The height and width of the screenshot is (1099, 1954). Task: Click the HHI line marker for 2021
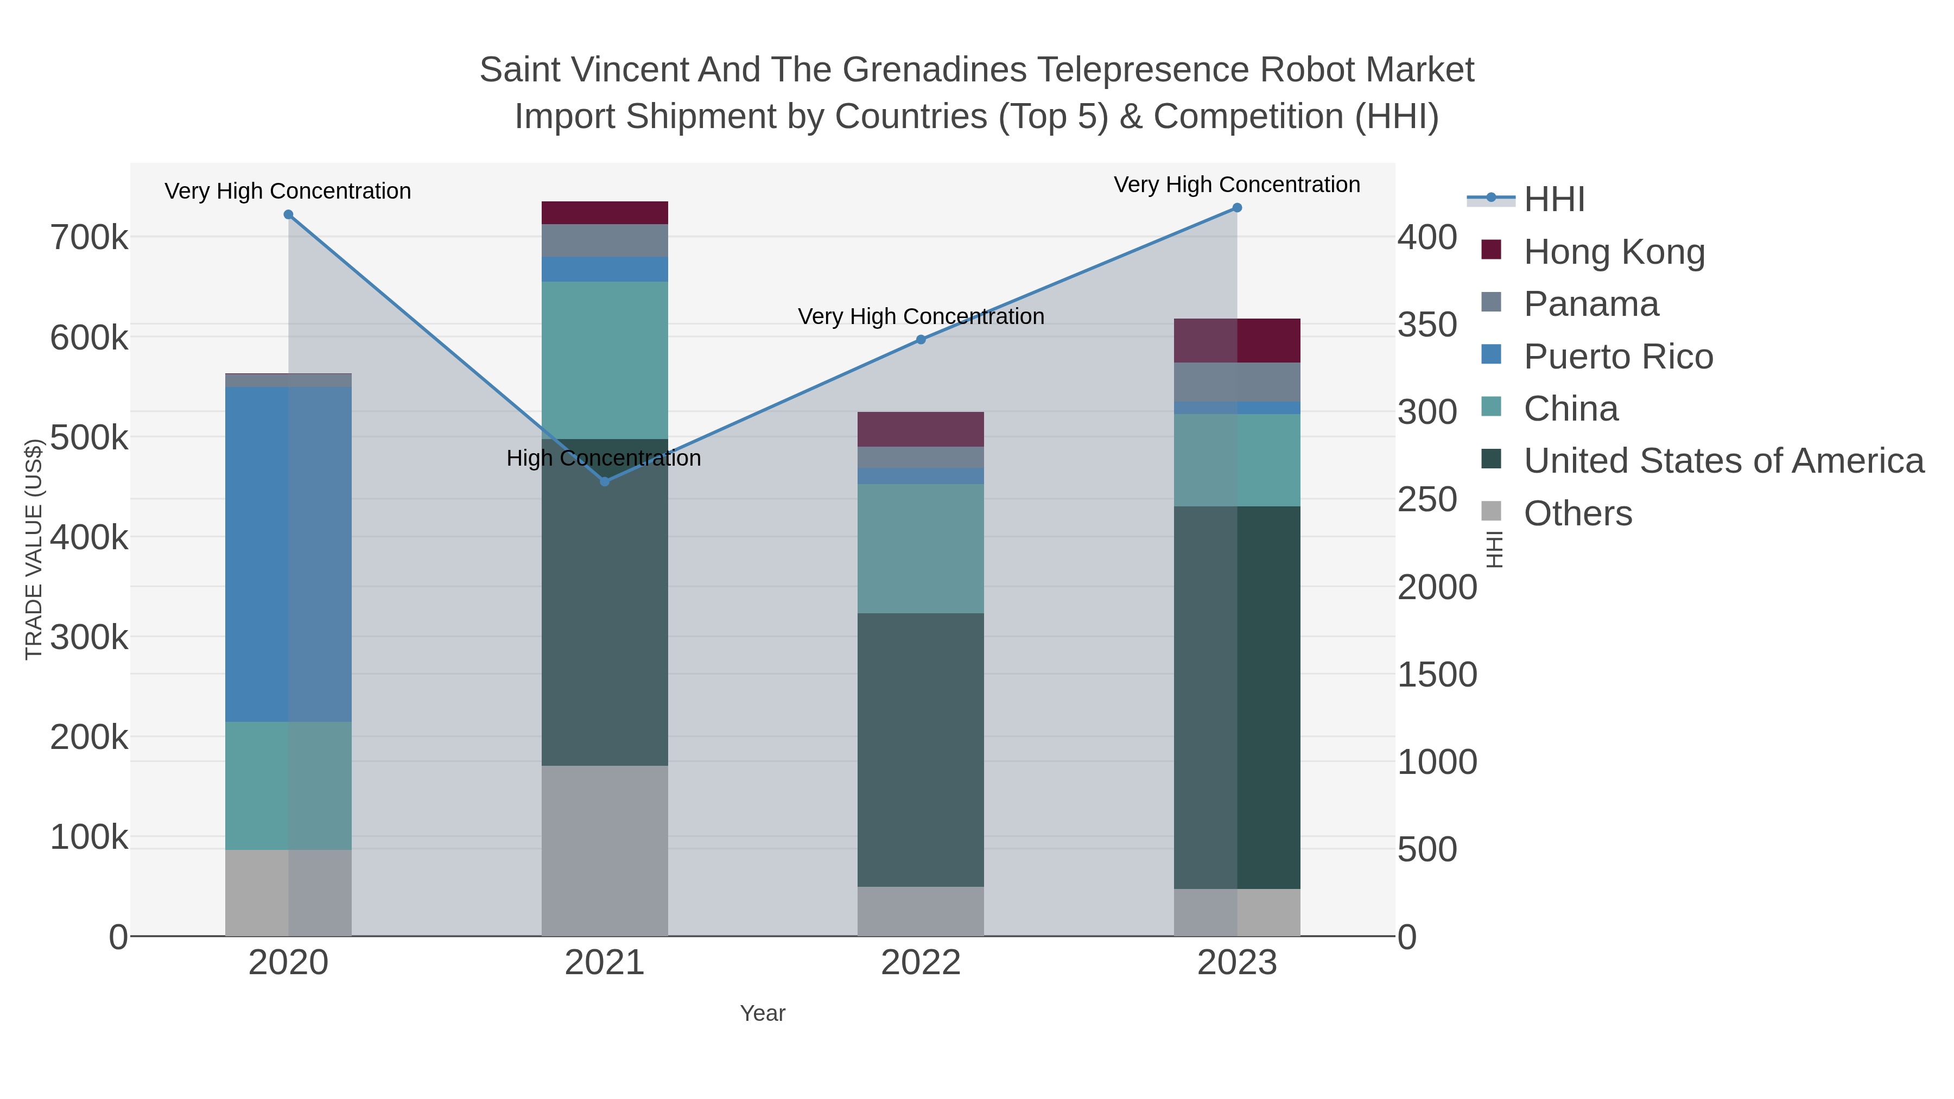coord(605,481)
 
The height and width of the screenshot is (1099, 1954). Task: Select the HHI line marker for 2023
coord(1236,208)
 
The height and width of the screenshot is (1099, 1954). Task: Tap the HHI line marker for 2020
coord(288,214)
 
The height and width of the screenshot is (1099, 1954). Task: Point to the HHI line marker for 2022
coord(921,340)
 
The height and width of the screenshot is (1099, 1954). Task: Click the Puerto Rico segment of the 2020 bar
coord(288,554)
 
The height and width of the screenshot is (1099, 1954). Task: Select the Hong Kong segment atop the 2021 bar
coord(605,213)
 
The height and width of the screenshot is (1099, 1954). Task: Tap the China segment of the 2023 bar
coord(1236,460)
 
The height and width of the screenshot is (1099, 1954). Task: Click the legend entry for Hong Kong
coord(1614,252)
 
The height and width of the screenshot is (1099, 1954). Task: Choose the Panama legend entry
coord(1591,304)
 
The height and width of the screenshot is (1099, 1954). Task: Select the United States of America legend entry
coord(1723,461)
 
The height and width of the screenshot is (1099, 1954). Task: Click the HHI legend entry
coord(1553,200)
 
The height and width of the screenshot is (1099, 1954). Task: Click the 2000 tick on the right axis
coord(1437,588)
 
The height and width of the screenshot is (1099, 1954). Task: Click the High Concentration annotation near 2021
coord(604,458)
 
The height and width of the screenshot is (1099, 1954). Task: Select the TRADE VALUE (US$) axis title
coord(33,549)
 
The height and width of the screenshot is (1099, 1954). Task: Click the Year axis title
coord(763,1013)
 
